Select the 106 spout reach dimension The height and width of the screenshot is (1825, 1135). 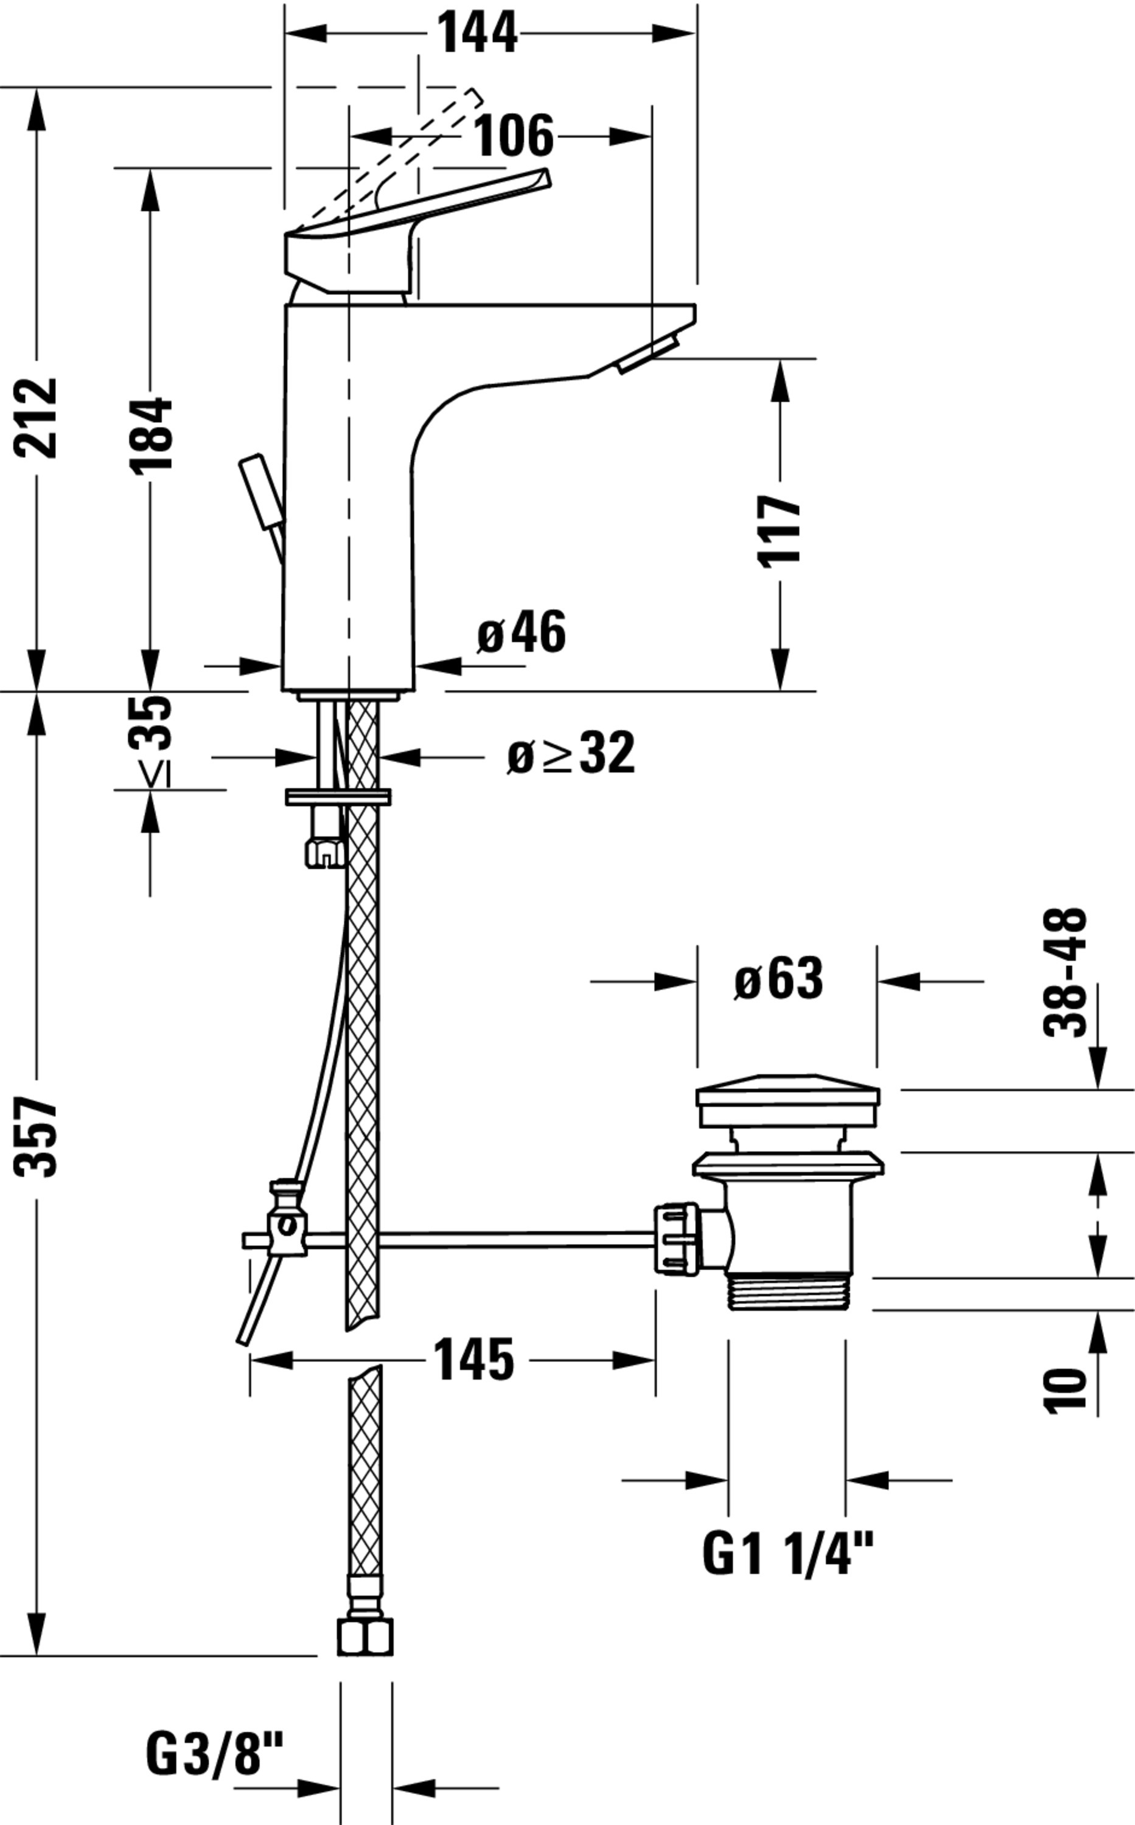click(514, 136)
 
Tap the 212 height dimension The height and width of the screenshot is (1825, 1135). click(35, 417)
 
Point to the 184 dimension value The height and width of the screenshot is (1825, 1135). click(151, 435)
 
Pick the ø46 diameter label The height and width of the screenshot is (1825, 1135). click(521, 632)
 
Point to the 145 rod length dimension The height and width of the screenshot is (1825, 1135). click(475, 1359)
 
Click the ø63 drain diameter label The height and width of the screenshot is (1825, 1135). click(778, 979)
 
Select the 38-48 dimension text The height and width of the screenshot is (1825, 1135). click(1065, 973)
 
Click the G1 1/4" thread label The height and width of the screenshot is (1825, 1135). click(788, 1554)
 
